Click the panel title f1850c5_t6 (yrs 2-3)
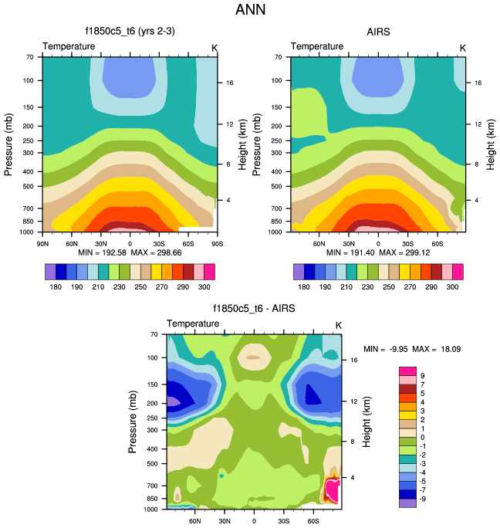[x=129, y=32]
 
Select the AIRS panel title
[x=379, y=32]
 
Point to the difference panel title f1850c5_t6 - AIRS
[x=254, y=310]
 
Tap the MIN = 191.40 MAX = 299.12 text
[x=378, y=252]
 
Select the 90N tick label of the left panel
[x=42, y=244]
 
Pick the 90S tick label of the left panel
[x=217, y=244]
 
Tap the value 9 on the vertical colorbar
[x=423, y=375]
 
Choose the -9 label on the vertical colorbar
[x=423, y=499]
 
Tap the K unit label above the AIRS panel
[x=463, y=47]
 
